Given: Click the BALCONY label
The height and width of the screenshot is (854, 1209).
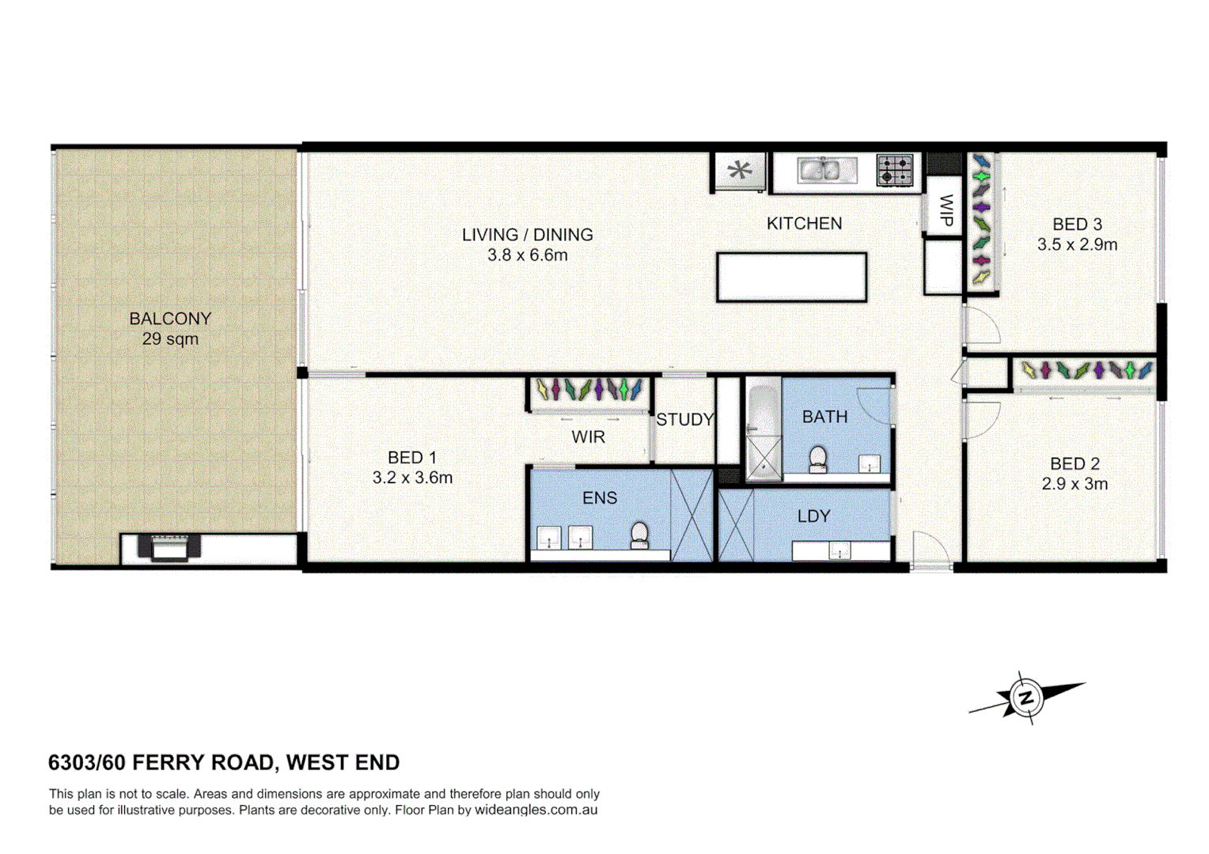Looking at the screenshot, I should click(170, 319).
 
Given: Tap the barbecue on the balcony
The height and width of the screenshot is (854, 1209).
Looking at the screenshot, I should click(169, 546).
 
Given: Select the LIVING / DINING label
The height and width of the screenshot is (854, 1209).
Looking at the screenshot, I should click(527, 235).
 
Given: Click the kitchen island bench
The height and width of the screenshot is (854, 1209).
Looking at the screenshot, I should click(791, 277).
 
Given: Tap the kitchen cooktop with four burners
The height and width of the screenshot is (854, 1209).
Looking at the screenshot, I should click(895, 170).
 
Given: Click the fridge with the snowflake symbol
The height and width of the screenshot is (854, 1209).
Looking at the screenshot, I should click(740, 171).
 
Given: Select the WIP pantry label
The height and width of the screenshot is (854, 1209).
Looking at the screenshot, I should click(945, 210).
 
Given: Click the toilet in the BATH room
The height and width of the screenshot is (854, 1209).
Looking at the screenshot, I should click(817, 459).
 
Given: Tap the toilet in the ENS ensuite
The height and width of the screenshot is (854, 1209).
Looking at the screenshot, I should click(639, 535).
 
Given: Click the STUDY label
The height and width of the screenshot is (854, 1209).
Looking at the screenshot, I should click(684, 420).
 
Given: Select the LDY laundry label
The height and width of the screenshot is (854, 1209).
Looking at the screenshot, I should click(813, 516).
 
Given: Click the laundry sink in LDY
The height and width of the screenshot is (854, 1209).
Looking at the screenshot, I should click(839, 551).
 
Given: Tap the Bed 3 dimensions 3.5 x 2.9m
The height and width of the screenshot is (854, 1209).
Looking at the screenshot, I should click(1077, 245).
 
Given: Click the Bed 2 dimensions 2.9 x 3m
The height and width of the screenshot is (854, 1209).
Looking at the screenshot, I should click(1074, 484).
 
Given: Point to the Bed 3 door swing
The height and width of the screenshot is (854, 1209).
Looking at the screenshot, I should click(982, 326).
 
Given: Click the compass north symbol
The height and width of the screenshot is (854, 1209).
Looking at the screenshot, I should click(1026, 698).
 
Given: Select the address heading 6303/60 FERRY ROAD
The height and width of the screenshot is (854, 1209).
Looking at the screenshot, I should click(224, 762).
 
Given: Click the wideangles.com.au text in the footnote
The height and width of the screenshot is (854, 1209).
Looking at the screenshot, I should click(536, 810).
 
